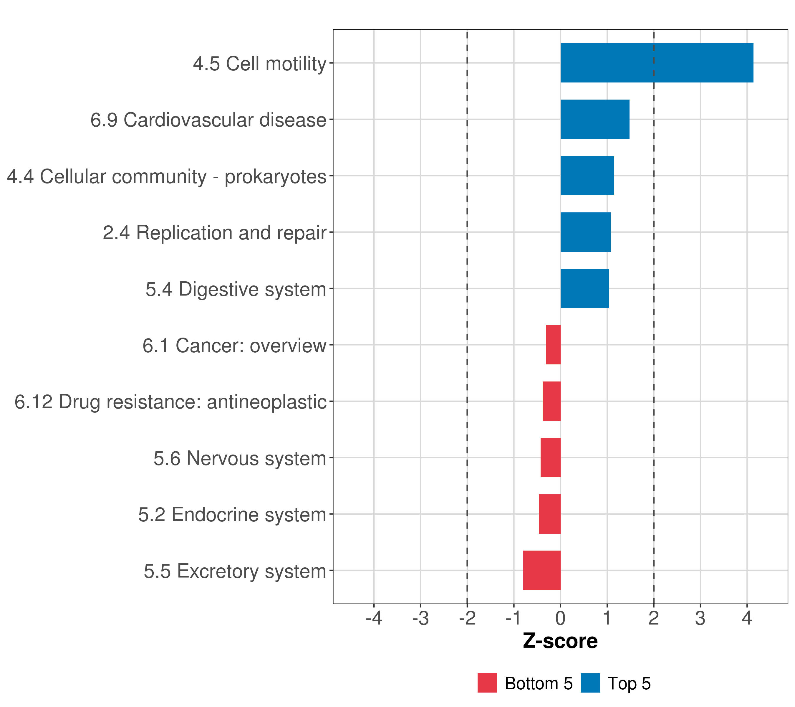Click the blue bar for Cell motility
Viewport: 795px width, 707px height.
click(657, 63)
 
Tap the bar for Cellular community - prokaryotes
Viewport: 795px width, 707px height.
click(587, 176)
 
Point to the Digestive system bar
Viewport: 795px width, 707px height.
click(584, 288)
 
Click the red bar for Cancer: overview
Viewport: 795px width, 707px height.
click(553, 345)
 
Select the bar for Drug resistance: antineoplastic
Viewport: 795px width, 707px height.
click(551, 401)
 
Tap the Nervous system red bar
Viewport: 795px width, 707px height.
click(550, 457)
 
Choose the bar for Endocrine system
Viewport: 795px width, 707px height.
click(549, 514)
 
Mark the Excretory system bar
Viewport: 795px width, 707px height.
click(542, 570)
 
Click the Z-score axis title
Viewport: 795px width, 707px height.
click(560, 641)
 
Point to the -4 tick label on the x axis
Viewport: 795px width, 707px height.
click(374, 618)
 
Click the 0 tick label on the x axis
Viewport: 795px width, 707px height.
click(560, 618)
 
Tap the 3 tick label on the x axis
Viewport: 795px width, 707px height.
click(700, 618)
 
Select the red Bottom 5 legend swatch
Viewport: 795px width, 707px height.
click(487, 683)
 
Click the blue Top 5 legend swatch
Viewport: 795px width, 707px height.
click(590, 683)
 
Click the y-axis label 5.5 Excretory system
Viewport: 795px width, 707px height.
click(235, 571)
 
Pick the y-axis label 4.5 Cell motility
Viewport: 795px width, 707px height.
click(259, 63)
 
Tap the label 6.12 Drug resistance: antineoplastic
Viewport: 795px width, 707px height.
click(170, 402)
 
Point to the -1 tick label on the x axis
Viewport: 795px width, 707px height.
click(514, 618)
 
